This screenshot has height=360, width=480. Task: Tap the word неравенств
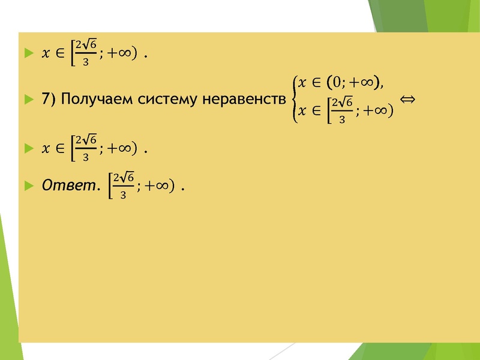(x=242, y=100)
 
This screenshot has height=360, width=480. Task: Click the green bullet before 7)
(x=26, y=100)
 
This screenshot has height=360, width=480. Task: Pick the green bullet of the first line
(x=26, y=54)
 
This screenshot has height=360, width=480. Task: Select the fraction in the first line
(x=86, y=54)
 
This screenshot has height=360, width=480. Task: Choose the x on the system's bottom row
(x=302, y=111)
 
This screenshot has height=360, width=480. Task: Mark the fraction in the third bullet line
(x=86, y=148)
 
